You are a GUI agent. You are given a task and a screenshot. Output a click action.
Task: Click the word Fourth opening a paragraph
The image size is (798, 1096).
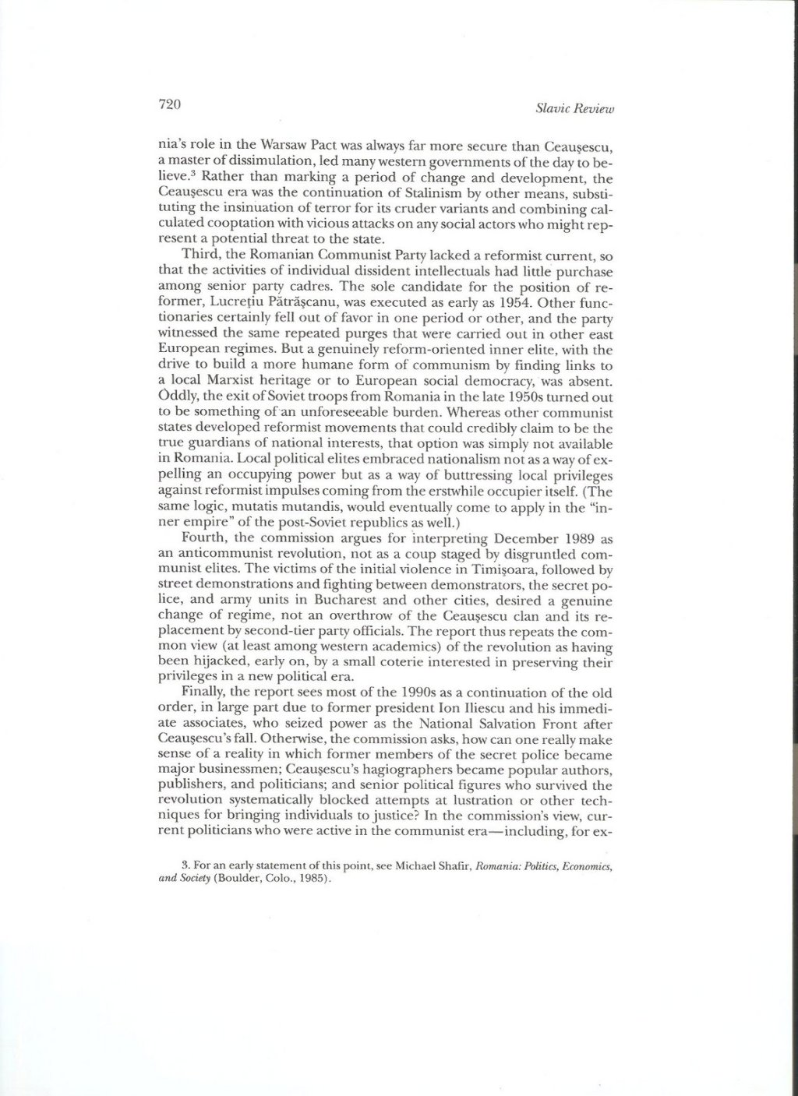202,538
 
